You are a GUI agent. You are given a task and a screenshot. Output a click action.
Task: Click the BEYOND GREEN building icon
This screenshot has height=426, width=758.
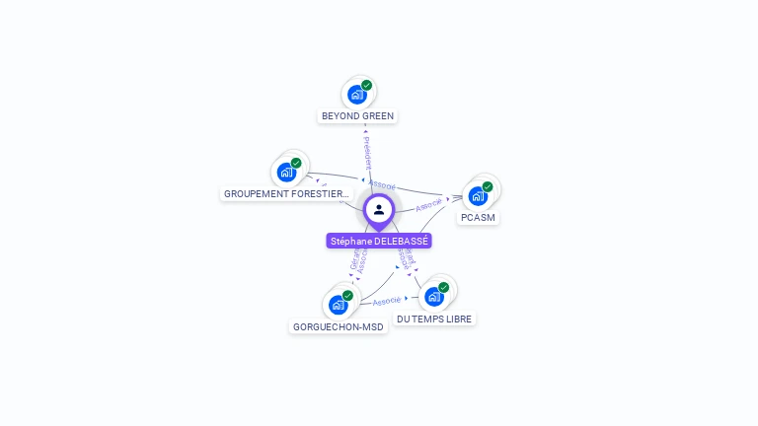(356, 96)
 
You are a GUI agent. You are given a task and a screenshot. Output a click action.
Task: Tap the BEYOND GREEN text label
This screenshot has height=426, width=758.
(357, 116)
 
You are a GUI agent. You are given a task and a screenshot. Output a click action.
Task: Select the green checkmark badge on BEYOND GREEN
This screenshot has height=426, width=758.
(366, 86)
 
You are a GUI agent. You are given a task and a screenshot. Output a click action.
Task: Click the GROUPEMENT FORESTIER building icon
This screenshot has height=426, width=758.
(286, 173)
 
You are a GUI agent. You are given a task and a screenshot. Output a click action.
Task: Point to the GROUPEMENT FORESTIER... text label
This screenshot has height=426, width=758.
(286, 194)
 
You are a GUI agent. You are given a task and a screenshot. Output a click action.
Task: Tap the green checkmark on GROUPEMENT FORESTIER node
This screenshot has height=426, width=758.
(296, 163)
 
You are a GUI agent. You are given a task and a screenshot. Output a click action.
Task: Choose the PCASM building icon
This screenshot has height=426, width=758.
(478, 195)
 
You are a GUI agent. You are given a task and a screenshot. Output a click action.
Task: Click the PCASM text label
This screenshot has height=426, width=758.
(479, 217)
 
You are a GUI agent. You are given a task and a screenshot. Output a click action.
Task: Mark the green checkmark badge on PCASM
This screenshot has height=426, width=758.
(488, 186)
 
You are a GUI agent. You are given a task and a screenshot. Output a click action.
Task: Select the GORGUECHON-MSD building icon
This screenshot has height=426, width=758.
(338, 305)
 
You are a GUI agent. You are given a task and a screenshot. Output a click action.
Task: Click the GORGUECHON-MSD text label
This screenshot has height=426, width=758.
(339, 326)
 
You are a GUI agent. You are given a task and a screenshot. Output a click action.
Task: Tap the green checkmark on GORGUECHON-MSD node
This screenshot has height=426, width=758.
(347, 296)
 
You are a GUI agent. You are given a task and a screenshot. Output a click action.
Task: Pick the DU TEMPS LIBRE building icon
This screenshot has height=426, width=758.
(433, 297)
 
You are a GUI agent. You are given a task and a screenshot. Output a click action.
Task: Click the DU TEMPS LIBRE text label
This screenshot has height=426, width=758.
(434, 319)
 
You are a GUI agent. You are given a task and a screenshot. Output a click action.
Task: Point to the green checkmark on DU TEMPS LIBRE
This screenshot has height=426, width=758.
(443, 288)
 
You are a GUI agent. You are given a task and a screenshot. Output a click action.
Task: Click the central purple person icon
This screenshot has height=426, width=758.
(379, 209)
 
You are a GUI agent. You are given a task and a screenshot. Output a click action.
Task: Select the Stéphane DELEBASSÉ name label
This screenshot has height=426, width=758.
(379, 241)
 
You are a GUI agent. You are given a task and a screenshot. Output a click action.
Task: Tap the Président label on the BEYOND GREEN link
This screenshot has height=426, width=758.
(366, 150)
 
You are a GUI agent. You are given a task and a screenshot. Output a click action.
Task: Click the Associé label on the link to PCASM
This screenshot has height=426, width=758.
(429, 205)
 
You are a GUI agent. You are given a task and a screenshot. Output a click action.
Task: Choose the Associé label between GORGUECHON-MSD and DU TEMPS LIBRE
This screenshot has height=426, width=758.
(387, 300)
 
